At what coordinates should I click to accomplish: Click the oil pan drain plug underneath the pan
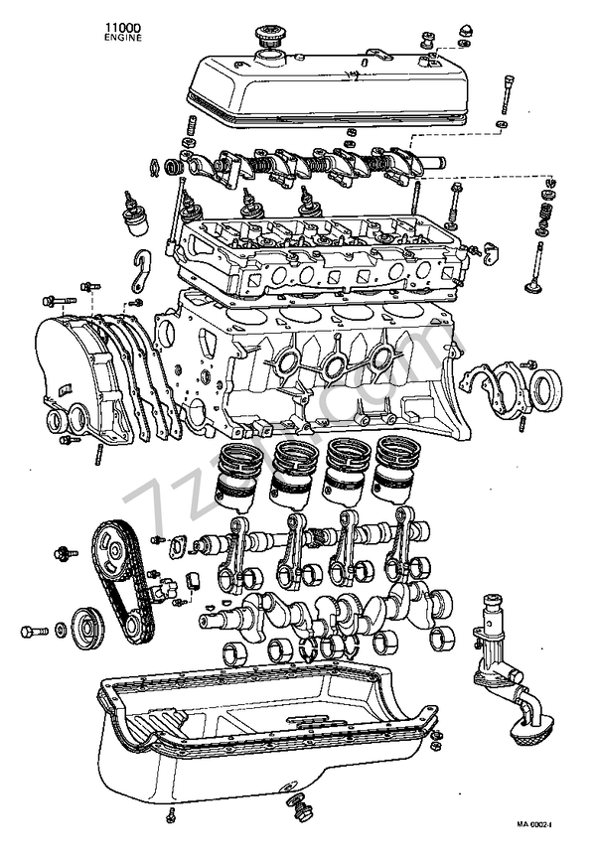click(295, 803)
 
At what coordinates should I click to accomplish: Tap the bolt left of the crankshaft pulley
click(32, 631)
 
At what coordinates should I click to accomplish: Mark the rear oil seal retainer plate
click(493, 387)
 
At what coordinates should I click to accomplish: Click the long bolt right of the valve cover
click(506, 94)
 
